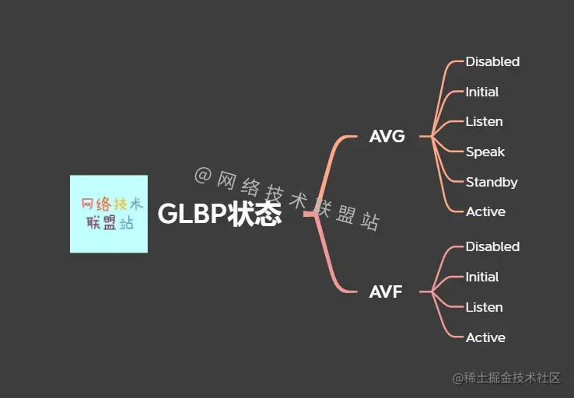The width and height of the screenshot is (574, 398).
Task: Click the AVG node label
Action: pos(387,137)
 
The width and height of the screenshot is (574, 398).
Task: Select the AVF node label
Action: pos(386,292)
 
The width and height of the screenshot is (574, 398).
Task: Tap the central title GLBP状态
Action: pos(219,214)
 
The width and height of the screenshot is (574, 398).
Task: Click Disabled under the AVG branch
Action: pos(492,61)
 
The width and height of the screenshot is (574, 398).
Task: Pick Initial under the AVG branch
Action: pos(482,92)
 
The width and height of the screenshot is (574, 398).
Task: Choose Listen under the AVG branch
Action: pos(484,121)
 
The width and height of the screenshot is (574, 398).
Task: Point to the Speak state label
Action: pos(485,152)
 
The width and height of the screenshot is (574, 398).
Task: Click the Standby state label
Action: pos(492,182)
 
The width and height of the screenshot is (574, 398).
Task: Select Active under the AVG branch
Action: pos(485,211)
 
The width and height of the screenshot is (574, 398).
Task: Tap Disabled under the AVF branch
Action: pos(492,246)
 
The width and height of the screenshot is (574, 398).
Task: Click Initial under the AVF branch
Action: pos(482,277)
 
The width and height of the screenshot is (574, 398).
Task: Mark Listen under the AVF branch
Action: pos(484,307)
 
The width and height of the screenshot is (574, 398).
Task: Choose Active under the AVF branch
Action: pos(485,337)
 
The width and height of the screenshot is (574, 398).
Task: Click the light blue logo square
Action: pos(109,214)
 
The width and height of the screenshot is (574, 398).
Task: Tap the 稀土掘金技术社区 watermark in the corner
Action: pos(506,378)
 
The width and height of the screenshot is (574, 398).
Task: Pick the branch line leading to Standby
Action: pos(446,168)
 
